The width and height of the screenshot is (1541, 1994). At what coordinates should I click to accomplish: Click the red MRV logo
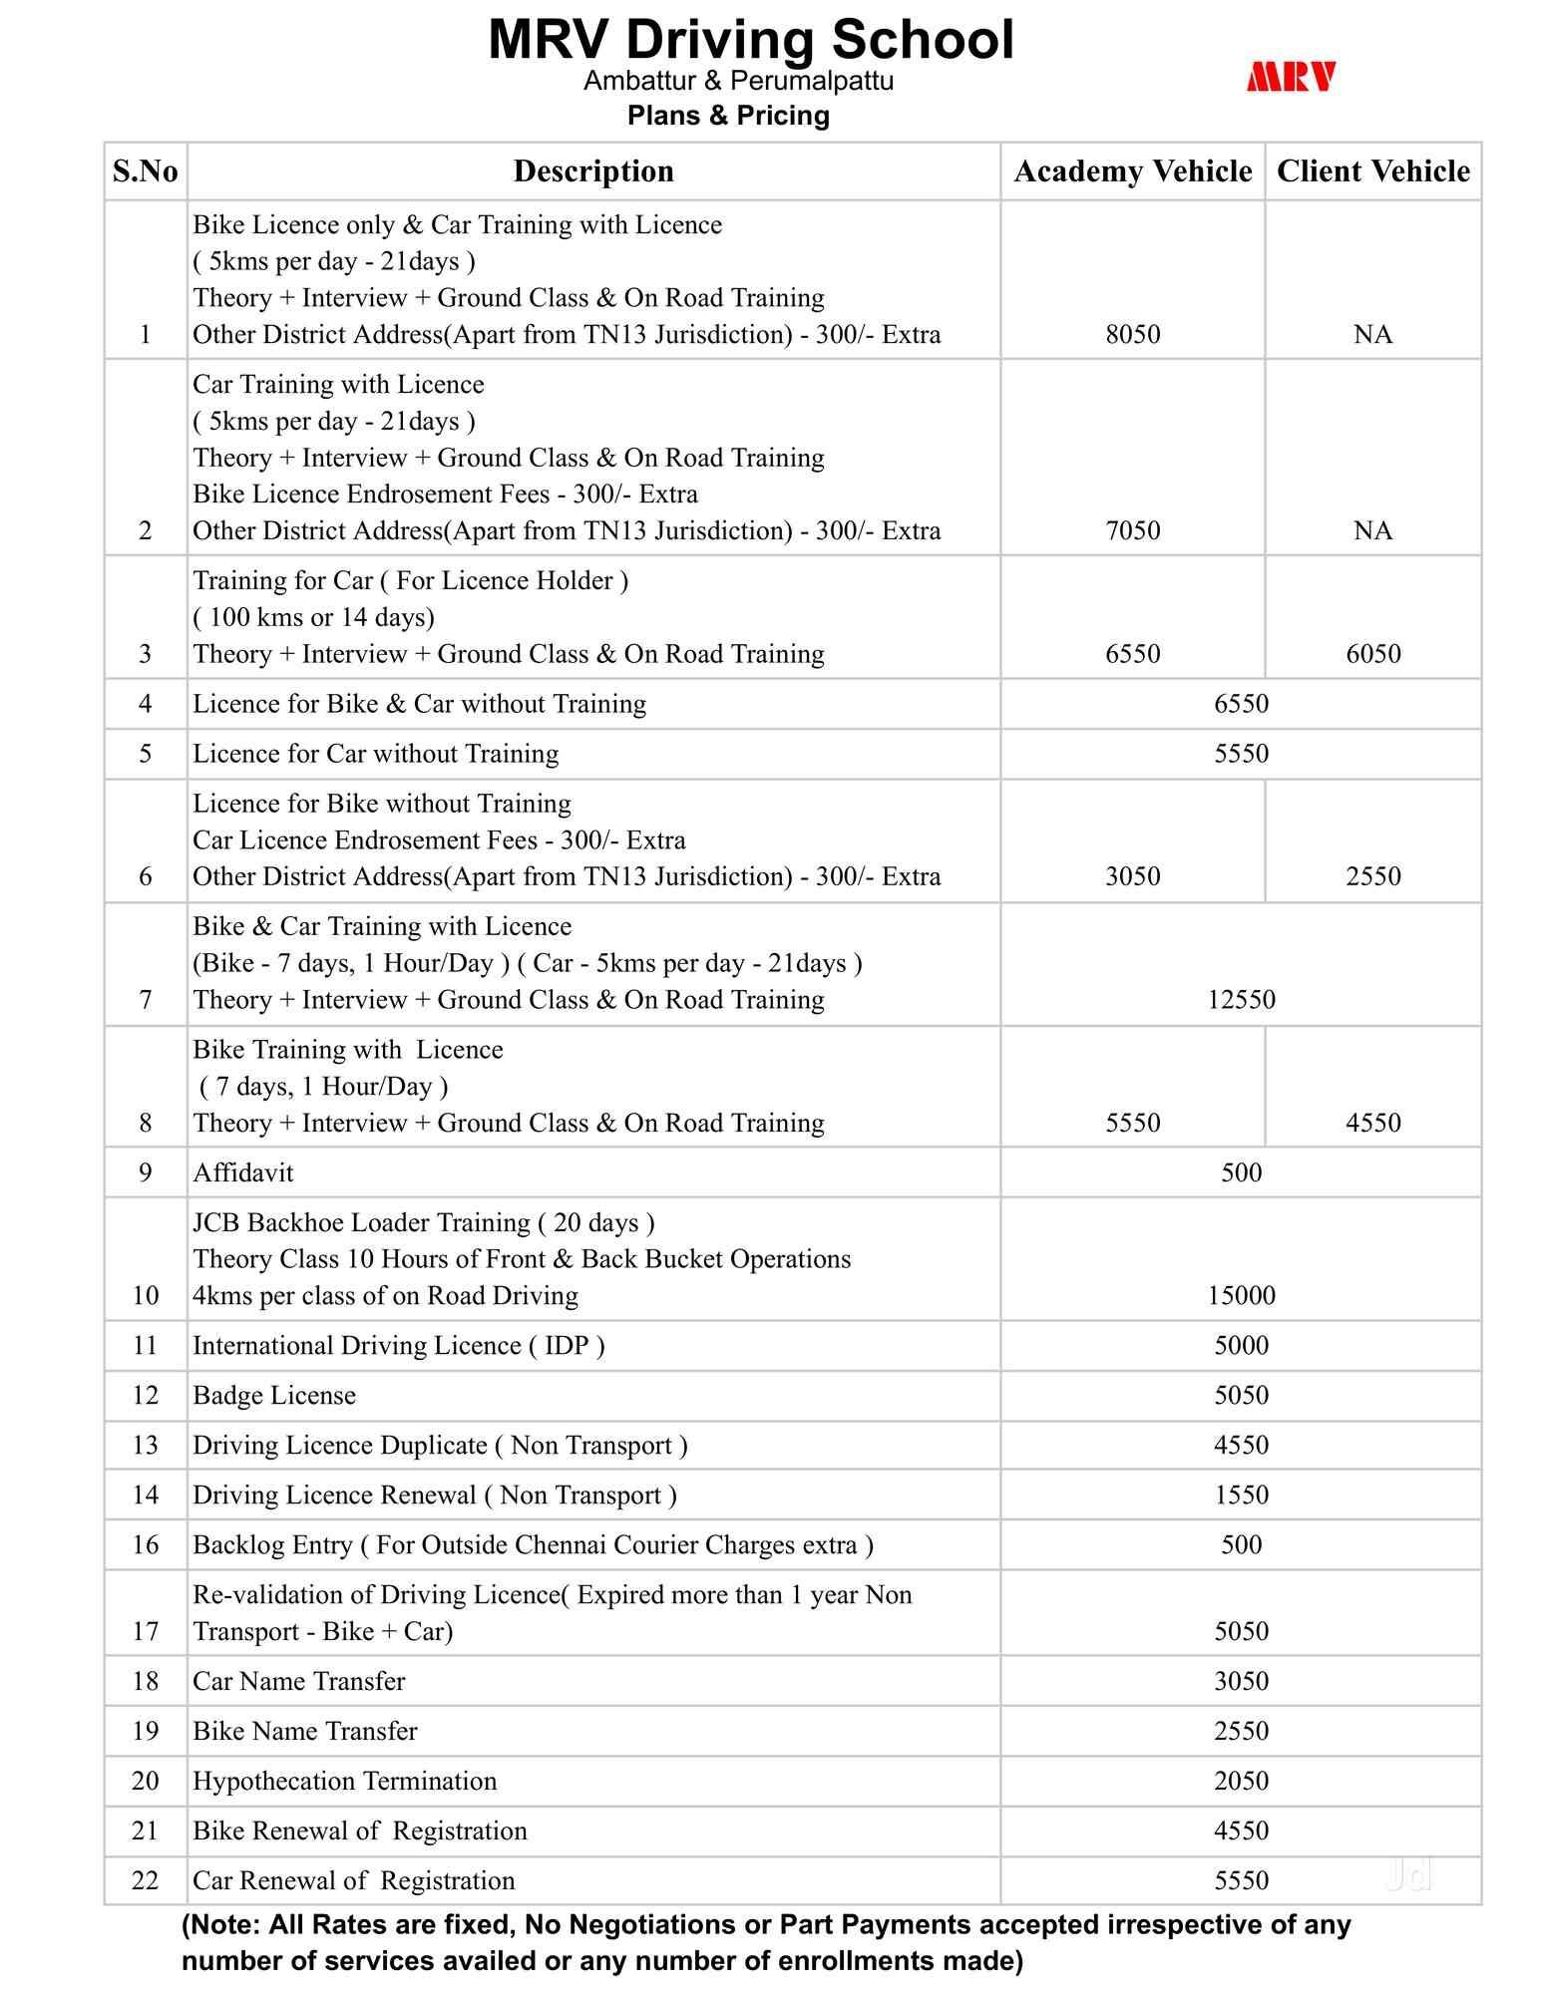pyautogui.click(x=1291, y=77)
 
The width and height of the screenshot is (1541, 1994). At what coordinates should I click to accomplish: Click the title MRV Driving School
pyautogui.click(x=750, y=40)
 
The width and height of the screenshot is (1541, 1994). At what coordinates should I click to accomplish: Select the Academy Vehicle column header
pyautogui.click(x=1132, y=171)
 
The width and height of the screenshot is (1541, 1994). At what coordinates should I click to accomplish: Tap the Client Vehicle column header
pyautogui.click(x=1372, y=171)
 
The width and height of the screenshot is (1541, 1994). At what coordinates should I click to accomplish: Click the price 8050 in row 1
pyautogui.click(x=1132, y=334)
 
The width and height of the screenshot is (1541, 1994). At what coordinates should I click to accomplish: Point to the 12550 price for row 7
pyautogui.click(x=1241, y=999)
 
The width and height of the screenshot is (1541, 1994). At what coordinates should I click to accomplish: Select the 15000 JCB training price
pyautogui.click(x=1241, y=1295)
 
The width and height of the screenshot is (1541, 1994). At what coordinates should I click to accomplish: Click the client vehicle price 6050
pyautogui.click(x=1372, y=654)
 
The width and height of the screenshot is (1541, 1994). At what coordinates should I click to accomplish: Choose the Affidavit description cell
pyautogui.click(x=243, y=1172)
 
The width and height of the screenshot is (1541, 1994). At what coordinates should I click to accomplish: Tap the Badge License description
pyautogui.click(x=274, y=1395)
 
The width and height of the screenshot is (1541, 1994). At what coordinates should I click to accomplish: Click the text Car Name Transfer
pyautogui.click(x=299, y=1681)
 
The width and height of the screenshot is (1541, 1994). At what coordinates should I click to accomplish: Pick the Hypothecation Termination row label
pyautogui.click(x=344, y=1781)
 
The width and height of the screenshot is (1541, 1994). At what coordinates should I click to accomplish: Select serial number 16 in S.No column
pyautogui.click(x=146, y=1544)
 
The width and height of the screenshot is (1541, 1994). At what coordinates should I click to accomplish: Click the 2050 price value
pyautogui.click(x=1241, y=1781)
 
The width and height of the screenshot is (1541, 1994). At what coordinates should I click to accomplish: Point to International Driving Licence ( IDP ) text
pyautogui.click(x=399, y=1345)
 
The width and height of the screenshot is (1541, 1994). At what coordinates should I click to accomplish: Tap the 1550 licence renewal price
pyautogui.click(x=1241, y=1495)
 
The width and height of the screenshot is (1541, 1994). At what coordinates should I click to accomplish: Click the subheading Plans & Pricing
pyautogui.click(x=728, y=116)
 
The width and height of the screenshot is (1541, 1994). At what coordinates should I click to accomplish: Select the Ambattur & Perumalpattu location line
pyautogui.click(x=738, y=81)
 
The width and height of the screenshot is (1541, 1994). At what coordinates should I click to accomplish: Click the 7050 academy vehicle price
pyautogui.click(x=1132, y=530)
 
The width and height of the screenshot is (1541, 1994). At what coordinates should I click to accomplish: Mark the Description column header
pyautogui.click(x=593, y=171)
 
